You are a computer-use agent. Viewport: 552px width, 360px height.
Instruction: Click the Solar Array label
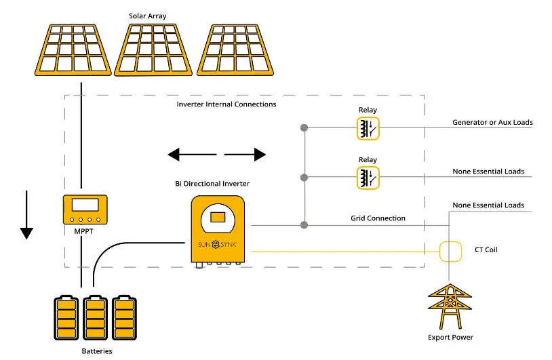147,16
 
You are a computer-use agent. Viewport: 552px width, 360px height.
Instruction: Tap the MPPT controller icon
85,209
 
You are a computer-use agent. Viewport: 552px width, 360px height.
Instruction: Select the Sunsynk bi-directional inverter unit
218,232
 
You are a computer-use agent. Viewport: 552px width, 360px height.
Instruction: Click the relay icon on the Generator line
368,128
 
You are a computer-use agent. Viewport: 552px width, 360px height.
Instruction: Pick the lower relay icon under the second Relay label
368,178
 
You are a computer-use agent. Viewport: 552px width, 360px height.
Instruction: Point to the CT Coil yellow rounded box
450,252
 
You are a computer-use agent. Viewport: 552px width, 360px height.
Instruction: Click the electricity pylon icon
450,306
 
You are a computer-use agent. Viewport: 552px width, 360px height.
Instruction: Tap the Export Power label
450,337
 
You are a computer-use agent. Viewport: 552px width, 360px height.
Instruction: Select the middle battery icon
95,318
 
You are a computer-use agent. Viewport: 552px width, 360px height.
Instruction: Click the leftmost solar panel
73,50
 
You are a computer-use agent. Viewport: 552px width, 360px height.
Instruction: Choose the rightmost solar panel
235,50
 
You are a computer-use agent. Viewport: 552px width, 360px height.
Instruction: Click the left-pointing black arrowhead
174,155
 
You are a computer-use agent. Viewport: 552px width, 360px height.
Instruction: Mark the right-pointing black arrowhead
260,155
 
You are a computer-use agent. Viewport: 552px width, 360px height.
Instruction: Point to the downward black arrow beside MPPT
26,215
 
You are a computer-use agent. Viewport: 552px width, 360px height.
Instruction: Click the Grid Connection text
378,218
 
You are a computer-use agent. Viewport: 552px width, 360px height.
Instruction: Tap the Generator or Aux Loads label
492,122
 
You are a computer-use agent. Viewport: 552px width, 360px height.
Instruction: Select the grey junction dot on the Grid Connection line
304,225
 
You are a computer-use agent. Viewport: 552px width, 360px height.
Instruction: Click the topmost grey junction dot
304,127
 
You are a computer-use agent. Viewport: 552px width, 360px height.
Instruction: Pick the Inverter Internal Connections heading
226,104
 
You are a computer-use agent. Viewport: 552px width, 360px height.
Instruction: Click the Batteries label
97,351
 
